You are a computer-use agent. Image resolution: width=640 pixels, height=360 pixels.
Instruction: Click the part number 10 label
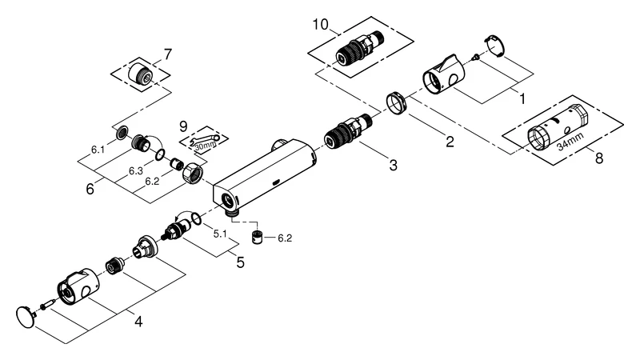tap(321, 25)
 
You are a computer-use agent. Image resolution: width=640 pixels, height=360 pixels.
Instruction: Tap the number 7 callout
tap(168, 54)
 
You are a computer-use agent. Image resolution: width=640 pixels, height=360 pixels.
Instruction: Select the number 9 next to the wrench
tap(183, 126)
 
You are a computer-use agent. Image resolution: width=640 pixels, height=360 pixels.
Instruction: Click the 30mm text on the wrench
tap(206, 145)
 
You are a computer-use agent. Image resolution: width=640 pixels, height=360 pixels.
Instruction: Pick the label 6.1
tap(98, 150)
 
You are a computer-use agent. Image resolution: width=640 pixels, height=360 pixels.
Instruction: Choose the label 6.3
tap(136, 171)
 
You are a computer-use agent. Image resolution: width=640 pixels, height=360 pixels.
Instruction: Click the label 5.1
tap(220, 234)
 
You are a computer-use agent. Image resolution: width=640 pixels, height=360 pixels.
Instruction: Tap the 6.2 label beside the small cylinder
tap(285, 238)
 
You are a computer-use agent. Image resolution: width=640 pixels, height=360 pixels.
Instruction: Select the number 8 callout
tap(598, 158)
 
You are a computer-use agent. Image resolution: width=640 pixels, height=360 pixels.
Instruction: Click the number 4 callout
tap(138, 322)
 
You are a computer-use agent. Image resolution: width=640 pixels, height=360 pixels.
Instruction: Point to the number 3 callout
tap(393, 166)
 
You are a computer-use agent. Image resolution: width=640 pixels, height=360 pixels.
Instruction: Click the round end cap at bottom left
tap(26, 317)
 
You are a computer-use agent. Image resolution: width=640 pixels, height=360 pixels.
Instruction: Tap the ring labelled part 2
tap(395, 104)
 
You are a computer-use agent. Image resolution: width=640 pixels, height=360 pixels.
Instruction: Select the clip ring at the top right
tap(494, 46)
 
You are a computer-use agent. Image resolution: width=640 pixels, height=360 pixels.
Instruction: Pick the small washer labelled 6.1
tap(122, 133)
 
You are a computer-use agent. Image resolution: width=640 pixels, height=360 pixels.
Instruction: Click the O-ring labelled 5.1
tap(196, 218)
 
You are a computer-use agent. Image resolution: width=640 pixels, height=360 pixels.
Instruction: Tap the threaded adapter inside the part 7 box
tap(141, 73)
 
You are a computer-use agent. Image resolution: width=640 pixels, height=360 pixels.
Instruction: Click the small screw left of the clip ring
tap(474, 58)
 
